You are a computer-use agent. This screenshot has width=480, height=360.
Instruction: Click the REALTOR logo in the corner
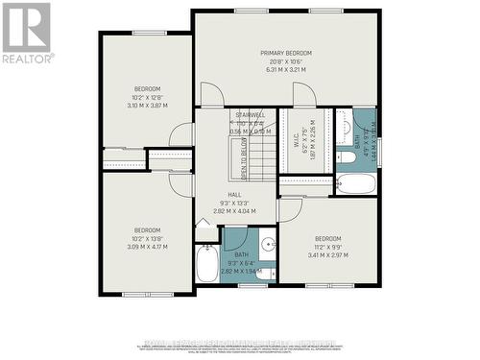pos(26,30)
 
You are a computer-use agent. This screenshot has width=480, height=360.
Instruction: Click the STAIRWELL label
pos(236,115)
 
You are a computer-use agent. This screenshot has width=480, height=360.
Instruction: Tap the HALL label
pos(235,193)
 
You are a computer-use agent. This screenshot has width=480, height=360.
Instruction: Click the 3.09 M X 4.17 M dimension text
pos(147,246)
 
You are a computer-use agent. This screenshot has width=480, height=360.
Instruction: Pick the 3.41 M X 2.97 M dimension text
pos(329,254)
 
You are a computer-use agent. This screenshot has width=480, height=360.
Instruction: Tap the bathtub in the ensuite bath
pos(354,184)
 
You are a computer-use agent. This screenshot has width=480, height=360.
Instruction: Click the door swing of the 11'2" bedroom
pos(291,211)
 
